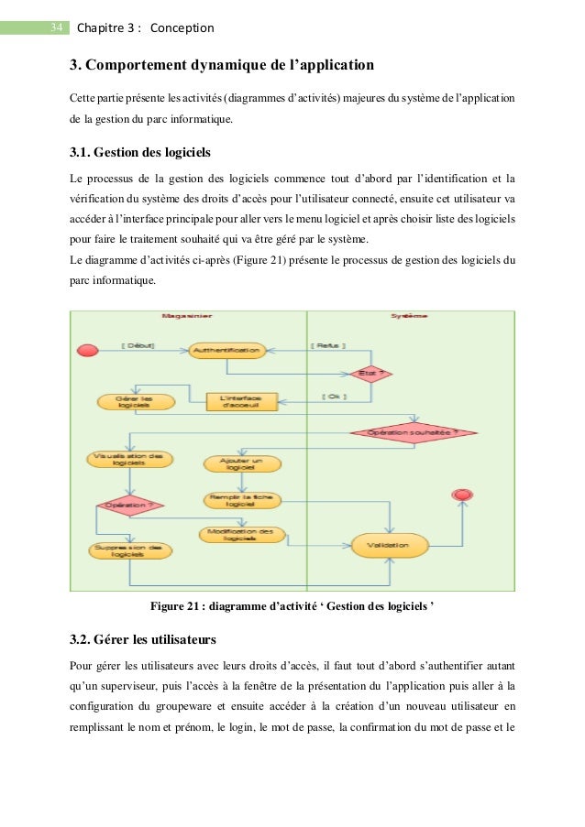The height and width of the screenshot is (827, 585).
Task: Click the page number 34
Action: click(55, 27)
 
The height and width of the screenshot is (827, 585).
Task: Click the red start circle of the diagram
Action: click(89, 350)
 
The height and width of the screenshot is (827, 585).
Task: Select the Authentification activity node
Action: click(226, 350)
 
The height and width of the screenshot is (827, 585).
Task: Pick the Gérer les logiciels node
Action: click(134, 401)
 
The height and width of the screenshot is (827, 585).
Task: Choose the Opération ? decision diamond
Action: click(128, 505)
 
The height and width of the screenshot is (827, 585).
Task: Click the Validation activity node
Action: click(391, 546)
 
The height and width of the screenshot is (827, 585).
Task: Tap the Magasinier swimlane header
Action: click(188, 317)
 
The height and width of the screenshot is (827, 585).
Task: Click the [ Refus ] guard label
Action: click(327, 345)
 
